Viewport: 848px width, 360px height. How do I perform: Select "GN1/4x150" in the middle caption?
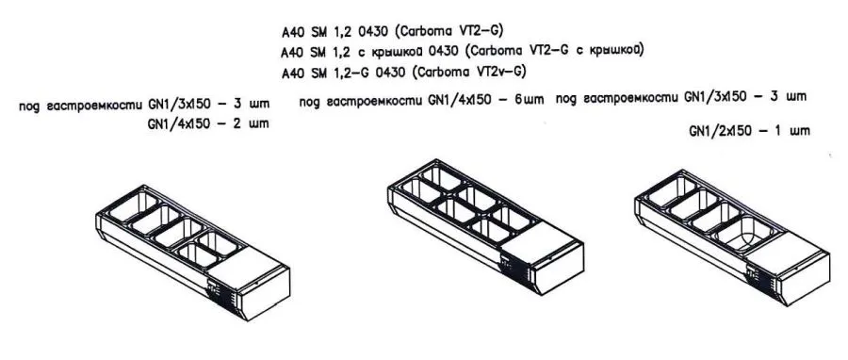[459, 100]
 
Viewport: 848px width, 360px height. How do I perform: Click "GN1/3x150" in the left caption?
[180, 105]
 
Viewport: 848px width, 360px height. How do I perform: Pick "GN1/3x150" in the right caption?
[722, 96]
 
